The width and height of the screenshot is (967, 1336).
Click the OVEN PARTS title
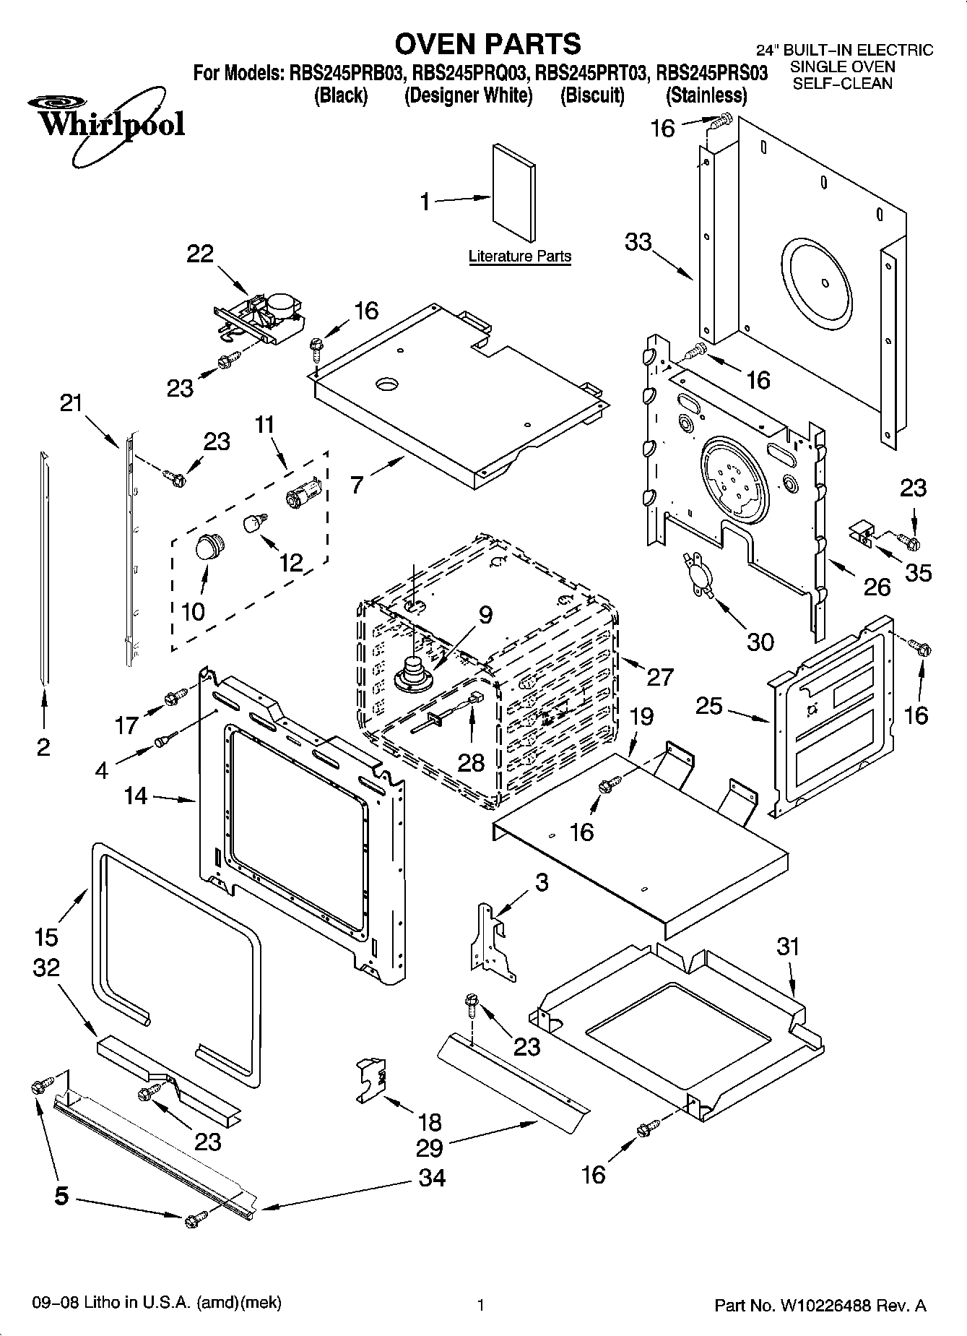pos(487,44)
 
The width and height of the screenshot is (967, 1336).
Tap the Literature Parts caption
pos(519,256)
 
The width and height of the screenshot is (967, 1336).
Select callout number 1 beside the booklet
pos(426,202)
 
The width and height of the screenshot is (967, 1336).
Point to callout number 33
pos(638,242)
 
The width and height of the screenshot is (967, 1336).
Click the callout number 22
pos(200,254)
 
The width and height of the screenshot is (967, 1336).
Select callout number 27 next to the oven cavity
pos(659,677)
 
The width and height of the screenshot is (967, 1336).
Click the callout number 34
pos(431,1178)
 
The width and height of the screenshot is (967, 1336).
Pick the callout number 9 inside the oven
pos(485,614)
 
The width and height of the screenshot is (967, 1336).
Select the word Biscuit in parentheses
pos(592,95)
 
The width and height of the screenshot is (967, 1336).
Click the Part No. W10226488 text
pos(820,1305)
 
